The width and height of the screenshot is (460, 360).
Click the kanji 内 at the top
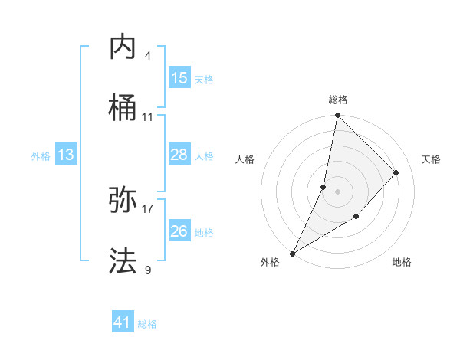point(123,47)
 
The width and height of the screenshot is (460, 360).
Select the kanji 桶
point(123,108)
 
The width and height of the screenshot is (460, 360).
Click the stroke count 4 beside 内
point(148,56)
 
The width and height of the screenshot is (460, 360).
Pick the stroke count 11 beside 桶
point(148,117)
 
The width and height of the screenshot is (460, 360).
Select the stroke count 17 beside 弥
point(148,208)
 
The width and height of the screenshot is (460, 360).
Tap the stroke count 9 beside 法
point(148,270)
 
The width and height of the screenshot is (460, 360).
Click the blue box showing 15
point(179,78)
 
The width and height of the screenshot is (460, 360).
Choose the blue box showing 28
point(179,155)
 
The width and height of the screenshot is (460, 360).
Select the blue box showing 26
point(179,231)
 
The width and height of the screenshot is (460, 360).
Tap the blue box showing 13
point(66,155)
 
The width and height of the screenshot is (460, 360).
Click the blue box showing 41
point(123,322)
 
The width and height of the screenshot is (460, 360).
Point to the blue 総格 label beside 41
point(147,324)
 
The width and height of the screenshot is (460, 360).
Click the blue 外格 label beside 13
point(41,156)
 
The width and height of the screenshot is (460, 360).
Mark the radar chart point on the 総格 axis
point(337,115)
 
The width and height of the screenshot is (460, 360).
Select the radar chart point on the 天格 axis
point(396,172)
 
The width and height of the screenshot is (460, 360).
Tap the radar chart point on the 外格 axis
point(292,253)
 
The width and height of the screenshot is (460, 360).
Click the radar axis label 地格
point(402,263)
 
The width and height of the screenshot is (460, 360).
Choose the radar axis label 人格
point(245,159)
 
